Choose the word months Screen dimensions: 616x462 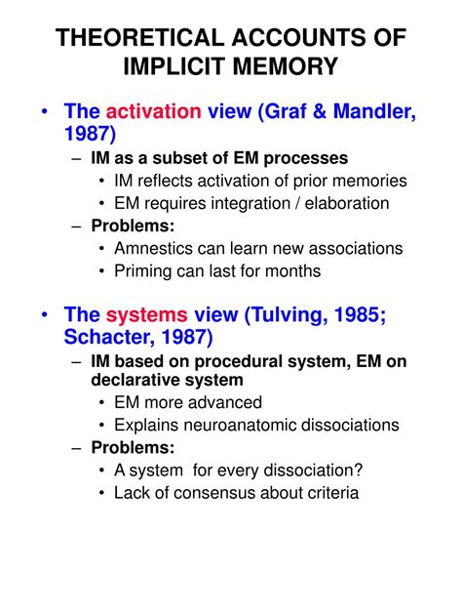[x=290, y=271]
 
